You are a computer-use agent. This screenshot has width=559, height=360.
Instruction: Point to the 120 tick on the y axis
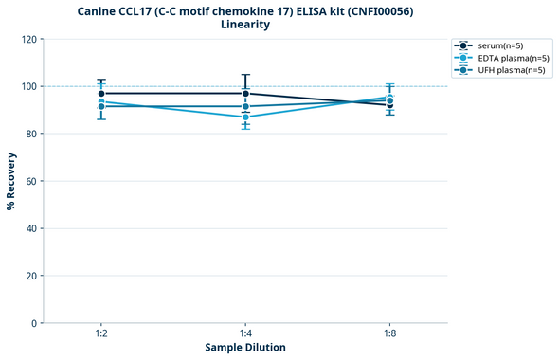click(28, 39)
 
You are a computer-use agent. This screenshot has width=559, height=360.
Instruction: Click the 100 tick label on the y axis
click(28, 86)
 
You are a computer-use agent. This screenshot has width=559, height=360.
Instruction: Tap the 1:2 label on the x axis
click(101, 334)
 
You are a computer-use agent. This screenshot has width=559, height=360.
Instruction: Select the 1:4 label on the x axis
click(245, 334)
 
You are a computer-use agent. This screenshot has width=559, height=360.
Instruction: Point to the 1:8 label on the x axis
click(389, 334)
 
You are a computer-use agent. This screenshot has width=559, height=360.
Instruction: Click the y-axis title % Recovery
click(11, 181)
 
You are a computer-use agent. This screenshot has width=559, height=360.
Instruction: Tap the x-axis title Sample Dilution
click(245, 348)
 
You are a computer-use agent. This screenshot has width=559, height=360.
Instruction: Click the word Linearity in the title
click(244, 25)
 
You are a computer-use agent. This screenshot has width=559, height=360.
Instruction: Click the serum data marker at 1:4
click(245, 93)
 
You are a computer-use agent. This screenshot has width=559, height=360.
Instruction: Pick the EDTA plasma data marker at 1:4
click(245, 117)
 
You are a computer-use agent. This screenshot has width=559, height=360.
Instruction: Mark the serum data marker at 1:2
click(101, 93)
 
